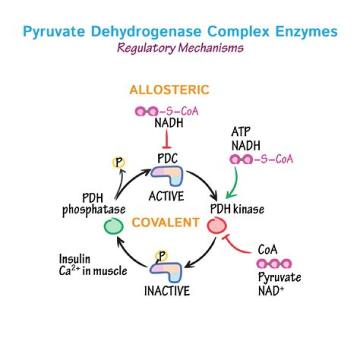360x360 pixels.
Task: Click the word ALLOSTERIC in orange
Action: tap(169, 90)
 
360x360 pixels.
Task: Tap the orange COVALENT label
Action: tap(165, 222)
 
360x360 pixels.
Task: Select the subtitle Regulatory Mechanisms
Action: tap(180, 48)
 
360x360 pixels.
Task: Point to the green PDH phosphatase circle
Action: tap(113, 226)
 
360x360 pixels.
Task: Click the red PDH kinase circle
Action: tap(216, 226)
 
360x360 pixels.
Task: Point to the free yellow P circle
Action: tap(119, 162)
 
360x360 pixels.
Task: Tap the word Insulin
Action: tap(74, 259)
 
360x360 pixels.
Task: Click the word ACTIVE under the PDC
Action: tap(166, 196)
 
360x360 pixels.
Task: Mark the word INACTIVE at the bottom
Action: tap(167, 291)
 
